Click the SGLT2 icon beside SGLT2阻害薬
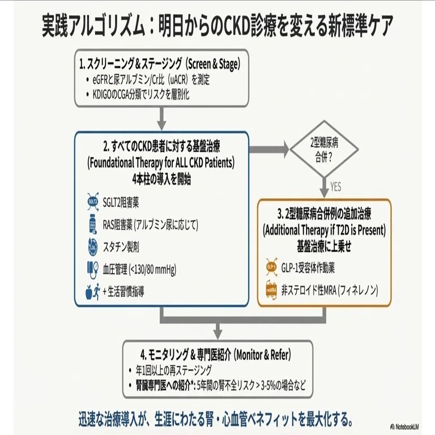click(92, 202)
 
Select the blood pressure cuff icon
click(93, 269)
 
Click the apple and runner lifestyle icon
click(93, 292)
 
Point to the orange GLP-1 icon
click(271, 267)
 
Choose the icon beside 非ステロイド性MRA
click(271, 291)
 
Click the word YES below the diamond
click(336, 187)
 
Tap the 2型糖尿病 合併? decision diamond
click(324, 150)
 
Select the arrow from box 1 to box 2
click(161, 118)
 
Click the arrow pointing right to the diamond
click(269, 150)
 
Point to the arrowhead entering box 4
click(218, 334)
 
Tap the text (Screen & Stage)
click(213, 64)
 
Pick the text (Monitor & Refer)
click(263, 355)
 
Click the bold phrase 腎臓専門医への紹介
click(163, 385)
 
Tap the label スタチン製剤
click(121, 247)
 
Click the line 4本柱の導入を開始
click(161, 179)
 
